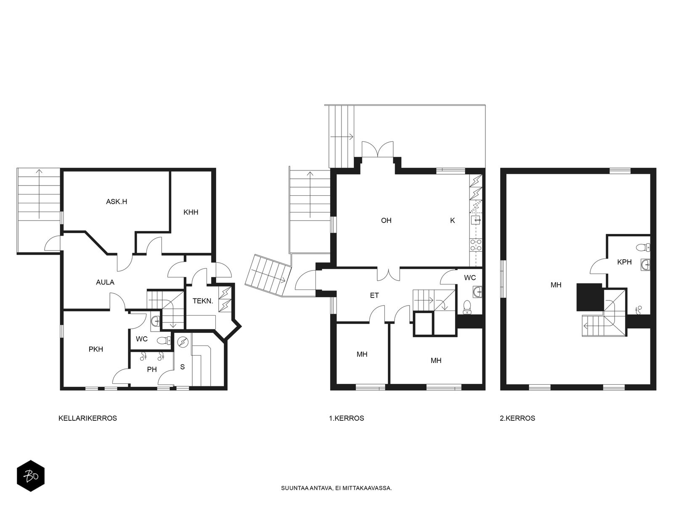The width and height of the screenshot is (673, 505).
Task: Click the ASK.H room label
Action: [117, 202]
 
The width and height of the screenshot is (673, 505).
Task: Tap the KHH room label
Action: [191, 212]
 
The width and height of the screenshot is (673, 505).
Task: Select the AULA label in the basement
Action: [105, 282]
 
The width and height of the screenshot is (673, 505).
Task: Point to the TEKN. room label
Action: [203, 301]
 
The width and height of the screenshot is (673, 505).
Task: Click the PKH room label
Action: [95, 349]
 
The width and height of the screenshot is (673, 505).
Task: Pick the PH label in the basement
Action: [152, 369]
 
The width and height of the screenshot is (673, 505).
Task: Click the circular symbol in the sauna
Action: [183, 342]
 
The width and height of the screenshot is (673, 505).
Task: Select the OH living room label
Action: [386, 221]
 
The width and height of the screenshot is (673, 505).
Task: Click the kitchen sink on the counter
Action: [476, 220]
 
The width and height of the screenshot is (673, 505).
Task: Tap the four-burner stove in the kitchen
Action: [476, 245]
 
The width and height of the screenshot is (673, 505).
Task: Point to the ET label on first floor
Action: [374, 295]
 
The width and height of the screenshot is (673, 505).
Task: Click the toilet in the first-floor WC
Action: [467, 307]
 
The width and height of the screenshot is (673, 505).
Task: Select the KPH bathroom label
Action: [624, 262]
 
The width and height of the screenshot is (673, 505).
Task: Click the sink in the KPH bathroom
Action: [645, 265]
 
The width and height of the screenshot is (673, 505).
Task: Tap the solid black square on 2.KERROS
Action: [589, 297]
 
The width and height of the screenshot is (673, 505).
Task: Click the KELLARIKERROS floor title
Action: [87, 418]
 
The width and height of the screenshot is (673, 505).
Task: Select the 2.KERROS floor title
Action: [517, 418]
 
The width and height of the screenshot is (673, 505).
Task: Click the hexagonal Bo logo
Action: [31, 476]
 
